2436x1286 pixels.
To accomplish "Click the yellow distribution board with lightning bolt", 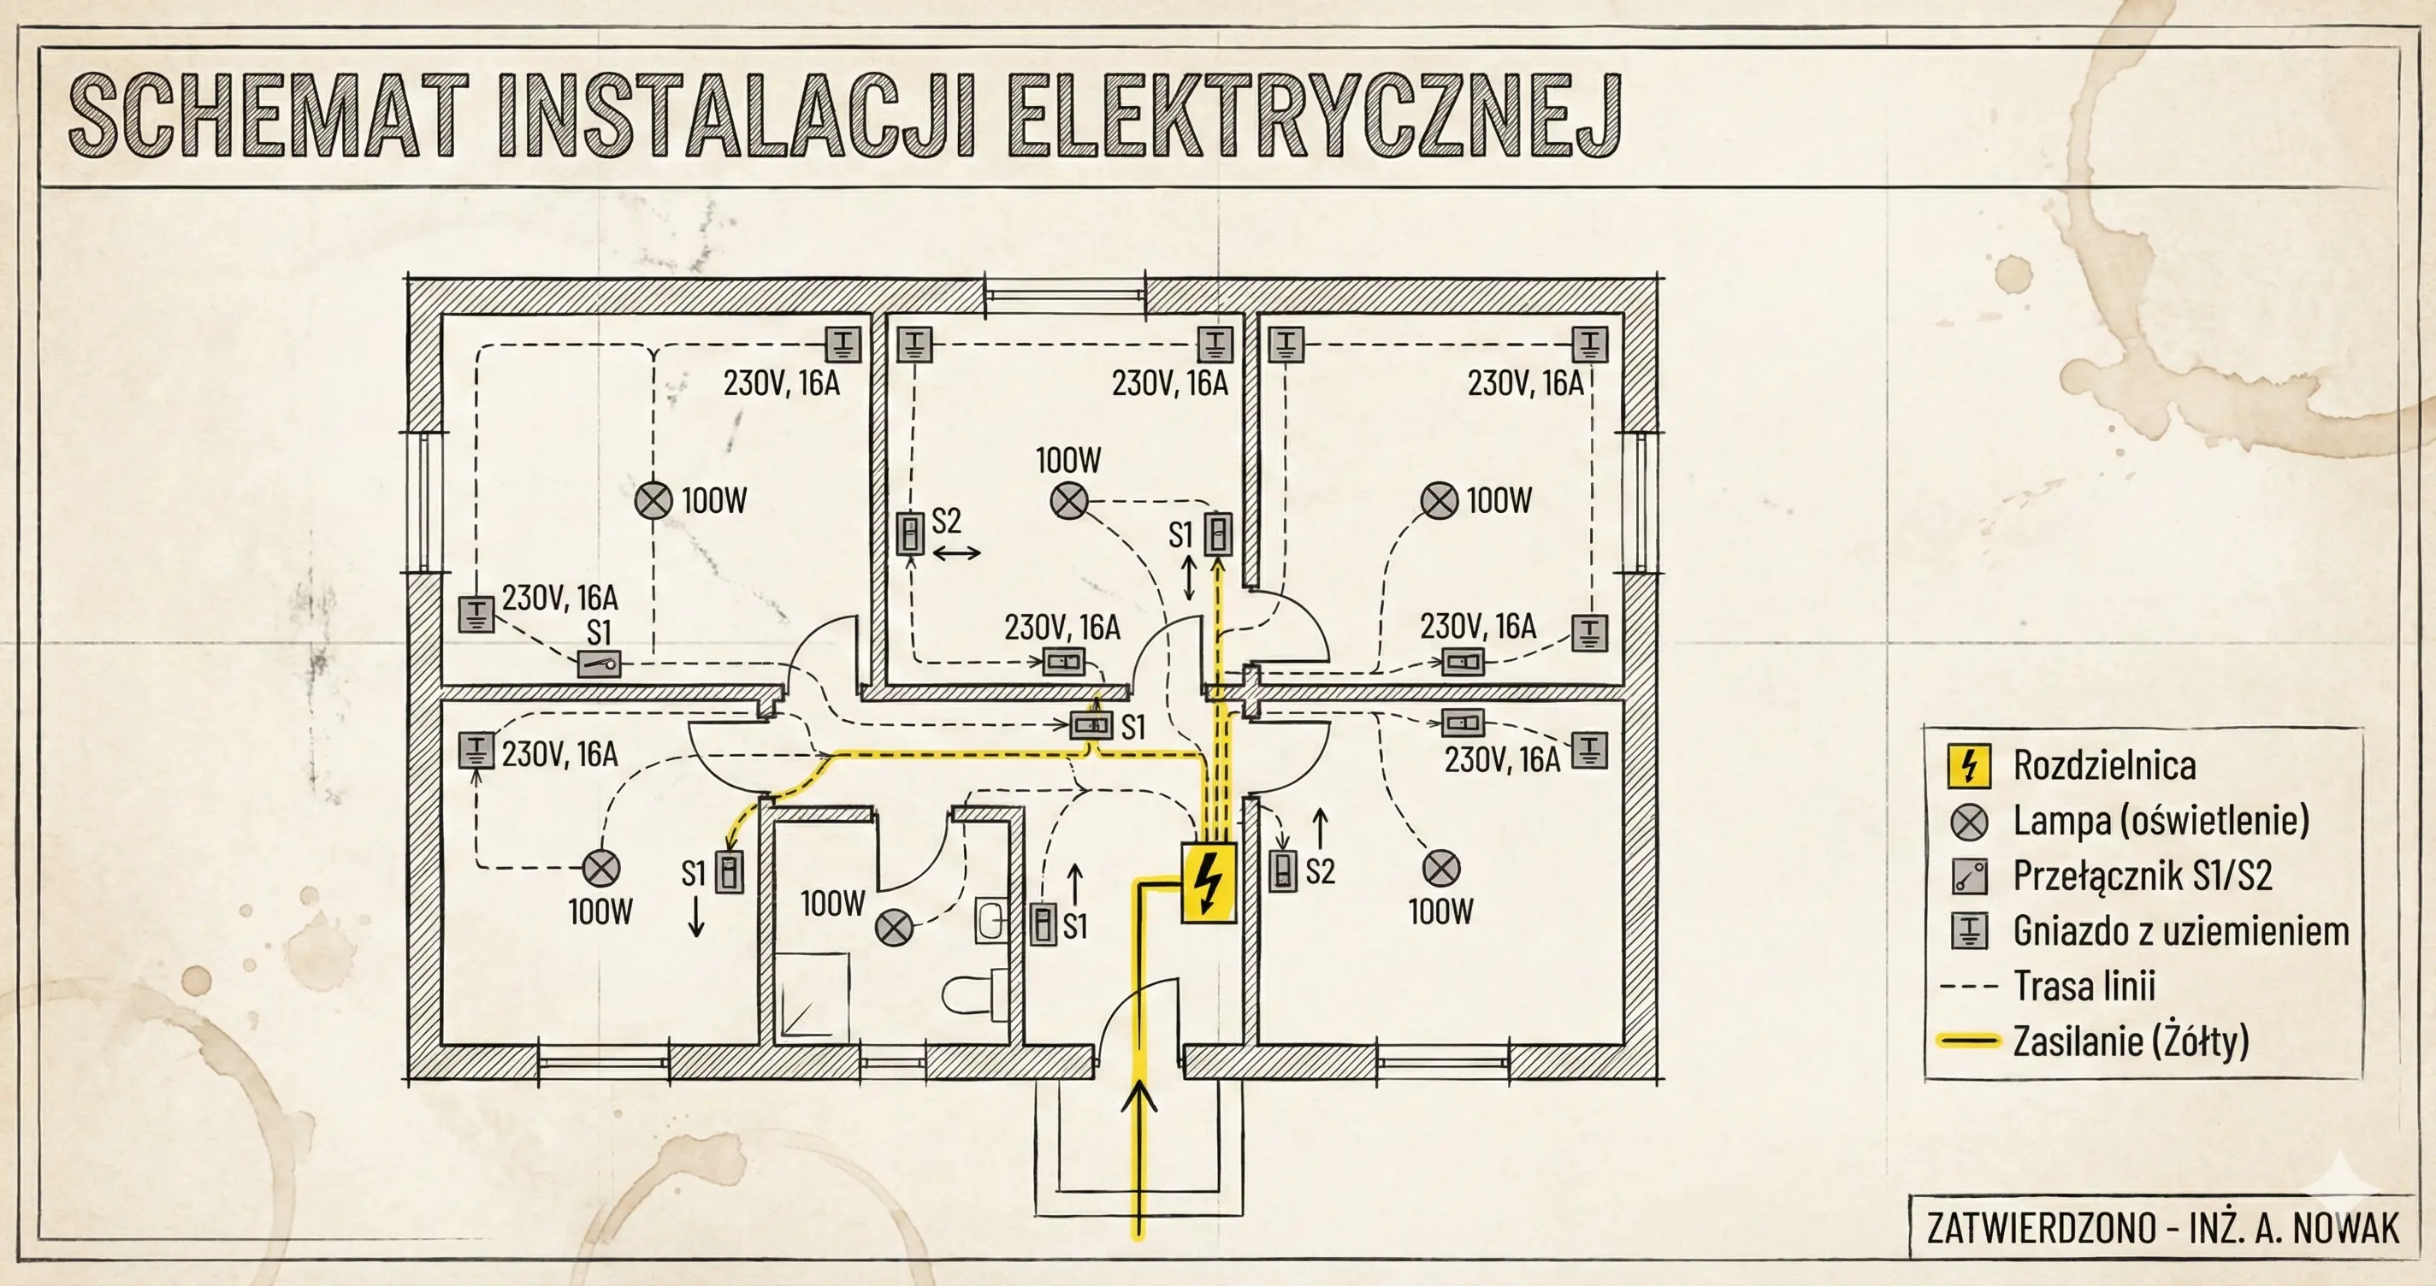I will pos(1209,882).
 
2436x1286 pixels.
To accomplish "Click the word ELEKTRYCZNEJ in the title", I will pos(1315,116).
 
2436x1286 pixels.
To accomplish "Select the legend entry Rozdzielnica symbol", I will pos(1969,765).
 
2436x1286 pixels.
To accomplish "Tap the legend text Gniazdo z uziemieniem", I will pos(2180,931).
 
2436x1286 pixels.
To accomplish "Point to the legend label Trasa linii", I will pos(2084,986).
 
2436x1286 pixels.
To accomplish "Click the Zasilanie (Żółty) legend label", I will pos(2130,1041).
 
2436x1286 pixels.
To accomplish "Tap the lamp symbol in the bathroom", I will pos(894,928).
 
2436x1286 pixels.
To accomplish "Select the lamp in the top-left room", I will pos(653,500).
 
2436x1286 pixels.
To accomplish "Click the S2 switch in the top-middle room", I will pos(910,534).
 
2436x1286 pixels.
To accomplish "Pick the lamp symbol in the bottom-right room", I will pos(1441,868).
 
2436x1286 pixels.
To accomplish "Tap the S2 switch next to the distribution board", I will pos(1282,871).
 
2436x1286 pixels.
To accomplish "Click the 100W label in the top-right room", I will pos(1499,500).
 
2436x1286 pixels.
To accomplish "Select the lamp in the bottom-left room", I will pos(600,868).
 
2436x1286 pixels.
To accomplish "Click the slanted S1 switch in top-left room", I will pos(600,664).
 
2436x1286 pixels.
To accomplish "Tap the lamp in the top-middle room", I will pos(1069,501).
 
